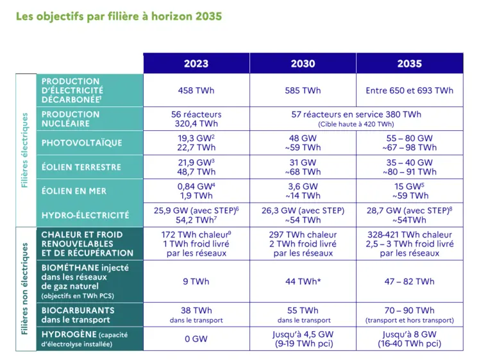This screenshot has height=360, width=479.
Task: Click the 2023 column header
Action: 196,64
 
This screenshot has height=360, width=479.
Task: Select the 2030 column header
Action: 303,64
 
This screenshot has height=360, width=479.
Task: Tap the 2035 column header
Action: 409,64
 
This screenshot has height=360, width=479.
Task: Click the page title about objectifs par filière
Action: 119,15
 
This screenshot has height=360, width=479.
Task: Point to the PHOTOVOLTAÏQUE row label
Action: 81,142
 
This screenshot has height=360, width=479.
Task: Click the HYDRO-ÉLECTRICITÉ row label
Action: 85,215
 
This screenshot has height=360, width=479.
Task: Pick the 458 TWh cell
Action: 196,90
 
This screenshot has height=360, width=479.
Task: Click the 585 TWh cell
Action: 303,90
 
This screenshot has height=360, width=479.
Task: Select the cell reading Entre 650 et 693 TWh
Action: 409,90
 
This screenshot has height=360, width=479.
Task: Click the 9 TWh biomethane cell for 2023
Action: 196,281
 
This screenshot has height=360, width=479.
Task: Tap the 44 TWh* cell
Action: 303,281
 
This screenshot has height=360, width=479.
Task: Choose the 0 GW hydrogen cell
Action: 196,339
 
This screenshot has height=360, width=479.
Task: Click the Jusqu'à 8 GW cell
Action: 409,339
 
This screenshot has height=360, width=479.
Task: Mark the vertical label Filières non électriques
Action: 25,289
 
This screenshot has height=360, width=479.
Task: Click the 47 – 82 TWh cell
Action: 409,281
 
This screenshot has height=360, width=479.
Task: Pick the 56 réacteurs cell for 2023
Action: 196,119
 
